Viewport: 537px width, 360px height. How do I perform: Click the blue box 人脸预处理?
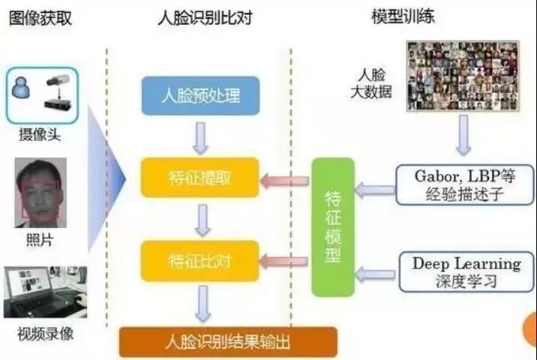tap(200, 95)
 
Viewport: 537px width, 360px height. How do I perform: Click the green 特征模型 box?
tap(332, 226)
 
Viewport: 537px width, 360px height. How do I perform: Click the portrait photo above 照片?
tap(40, 189)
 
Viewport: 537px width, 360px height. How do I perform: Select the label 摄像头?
tap(40, 136)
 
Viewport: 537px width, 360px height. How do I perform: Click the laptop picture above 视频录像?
tap(45, 292)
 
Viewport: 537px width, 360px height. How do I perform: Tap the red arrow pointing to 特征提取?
tap(284, 180)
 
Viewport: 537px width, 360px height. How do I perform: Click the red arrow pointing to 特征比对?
tap(284, 261)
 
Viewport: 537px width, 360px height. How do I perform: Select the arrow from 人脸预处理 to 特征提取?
tap(200, 136)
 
